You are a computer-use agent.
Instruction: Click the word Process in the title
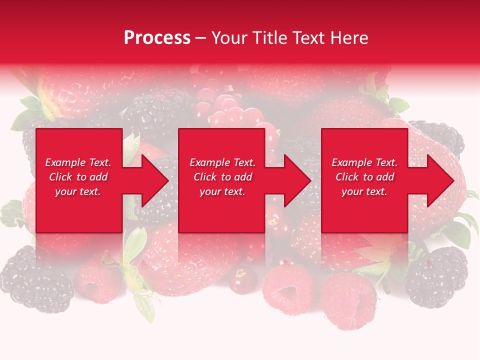point(157,37)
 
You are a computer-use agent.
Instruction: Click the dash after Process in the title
point(200,38)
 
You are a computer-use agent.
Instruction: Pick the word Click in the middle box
point(204,177)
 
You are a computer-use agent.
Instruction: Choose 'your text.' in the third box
point(364,191)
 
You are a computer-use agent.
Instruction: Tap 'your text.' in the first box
point(78,191)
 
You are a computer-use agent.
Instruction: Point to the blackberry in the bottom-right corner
point(436,277)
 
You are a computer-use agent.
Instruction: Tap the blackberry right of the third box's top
point(440,137)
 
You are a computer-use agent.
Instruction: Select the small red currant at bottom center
point(242,280)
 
